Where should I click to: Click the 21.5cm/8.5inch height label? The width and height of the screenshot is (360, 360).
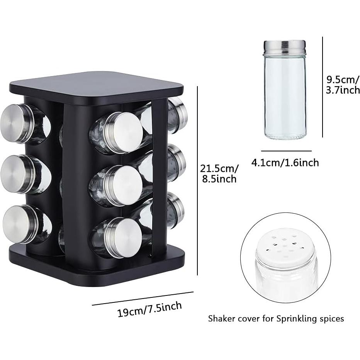[219, 174]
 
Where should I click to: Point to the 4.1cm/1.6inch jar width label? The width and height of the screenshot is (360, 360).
[285, 163]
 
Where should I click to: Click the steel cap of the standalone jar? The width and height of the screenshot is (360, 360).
[285, 48]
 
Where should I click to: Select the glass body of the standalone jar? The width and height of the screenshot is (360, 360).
[285, 97]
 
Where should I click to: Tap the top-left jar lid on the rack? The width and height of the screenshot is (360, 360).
[15, 122]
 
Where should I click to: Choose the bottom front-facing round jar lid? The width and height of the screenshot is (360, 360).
[124, 236]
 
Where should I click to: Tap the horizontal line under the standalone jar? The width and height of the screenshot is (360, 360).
[286, 151]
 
